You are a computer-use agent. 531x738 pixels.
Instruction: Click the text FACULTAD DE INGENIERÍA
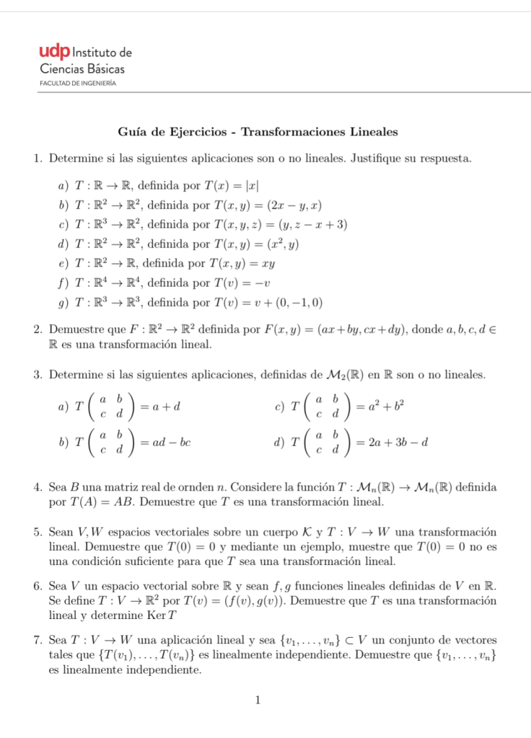point(79,84)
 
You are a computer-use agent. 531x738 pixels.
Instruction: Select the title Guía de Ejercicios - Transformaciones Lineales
point(258,132)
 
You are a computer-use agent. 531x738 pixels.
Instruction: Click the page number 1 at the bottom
point(258,699)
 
